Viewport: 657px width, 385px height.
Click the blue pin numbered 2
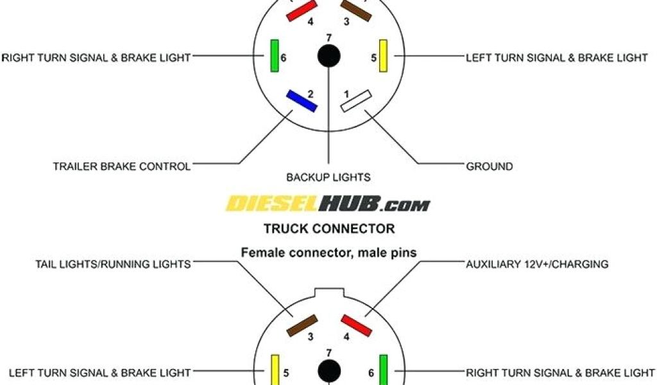click(x=300, y=101)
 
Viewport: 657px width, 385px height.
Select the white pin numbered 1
click(x=356, y=101)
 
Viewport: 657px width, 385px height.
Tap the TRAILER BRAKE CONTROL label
click(x=122, y=166)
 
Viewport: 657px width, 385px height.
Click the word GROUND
click(x=490, y=166)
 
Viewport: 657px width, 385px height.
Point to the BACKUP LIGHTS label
click(x=328, y=176)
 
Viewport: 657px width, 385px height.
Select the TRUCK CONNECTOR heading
click(x=328, y=228)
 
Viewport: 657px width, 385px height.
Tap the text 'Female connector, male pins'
click(x=328, y=253)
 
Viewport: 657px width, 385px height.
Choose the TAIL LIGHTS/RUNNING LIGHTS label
click(x=113, y=264)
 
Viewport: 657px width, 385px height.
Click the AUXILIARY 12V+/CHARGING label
click(x=538, y=264)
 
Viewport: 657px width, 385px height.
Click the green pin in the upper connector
click(x=274, y=55)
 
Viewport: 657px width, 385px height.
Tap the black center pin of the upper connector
click(x=329, y=55)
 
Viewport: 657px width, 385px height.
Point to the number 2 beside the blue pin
click(x=311, y=94)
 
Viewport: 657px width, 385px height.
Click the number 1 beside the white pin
click(x=346, y=94)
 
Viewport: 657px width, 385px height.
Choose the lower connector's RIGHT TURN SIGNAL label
click(x=560, y=372)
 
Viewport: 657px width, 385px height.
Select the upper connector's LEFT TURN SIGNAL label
click(x=557, y=58)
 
